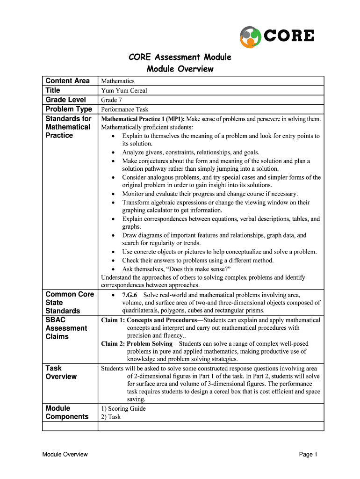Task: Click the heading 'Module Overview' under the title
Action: point(180,69)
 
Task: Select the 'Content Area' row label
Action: point(67,81)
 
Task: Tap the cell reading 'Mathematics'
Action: point(118,81)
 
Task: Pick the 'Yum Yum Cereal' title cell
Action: point(124,91)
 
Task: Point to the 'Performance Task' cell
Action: point(124,109)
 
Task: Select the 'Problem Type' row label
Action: point(69,109)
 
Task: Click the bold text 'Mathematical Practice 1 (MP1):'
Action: point(143,119)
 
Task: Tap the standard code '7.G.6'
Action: point(130,295)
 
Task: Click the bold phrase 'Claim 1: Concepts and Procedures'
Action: point(149,320)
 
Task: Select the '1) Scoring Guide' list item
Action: point(123,409)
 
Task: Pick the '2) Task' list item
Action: point(111,417)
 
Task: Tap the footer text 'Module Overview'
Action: point(65,454)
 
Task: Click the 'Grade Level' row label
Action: point(65,100)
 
